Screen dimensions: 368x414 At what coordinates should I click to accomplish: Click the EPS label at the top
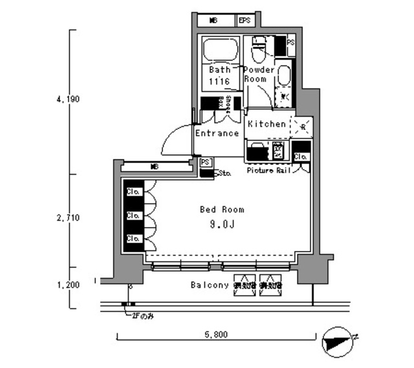[245, 21]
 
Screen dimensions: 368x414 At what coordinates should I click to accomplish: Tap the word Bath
[219, 69]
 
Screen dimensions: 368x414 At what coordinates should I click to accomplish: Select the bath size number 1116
[219, 81]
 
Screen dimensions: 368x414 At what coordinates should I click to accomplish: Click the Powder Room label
[258, 74]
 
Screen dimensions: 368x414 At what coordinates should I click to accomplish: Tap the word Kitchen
[267, 124]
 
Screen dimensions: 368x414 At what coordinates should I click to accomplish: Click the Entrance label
[217, 133]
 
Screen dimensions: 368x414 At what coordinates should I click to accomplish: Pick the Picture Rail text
[269, 171]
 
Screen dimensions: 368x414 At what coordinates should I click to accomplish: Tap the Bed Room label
[221, 210]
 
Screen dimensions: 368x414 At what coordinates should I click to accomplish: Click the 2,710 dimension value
[67, 218]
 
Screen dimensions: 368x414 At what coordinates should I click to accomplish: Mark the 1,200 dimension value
[67, 285]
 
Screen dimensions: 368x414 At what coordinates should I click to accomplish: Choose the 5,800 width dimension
[217, 336]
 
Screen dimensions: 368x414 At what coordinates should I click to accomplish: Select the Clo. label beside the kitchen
[301, 157]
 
